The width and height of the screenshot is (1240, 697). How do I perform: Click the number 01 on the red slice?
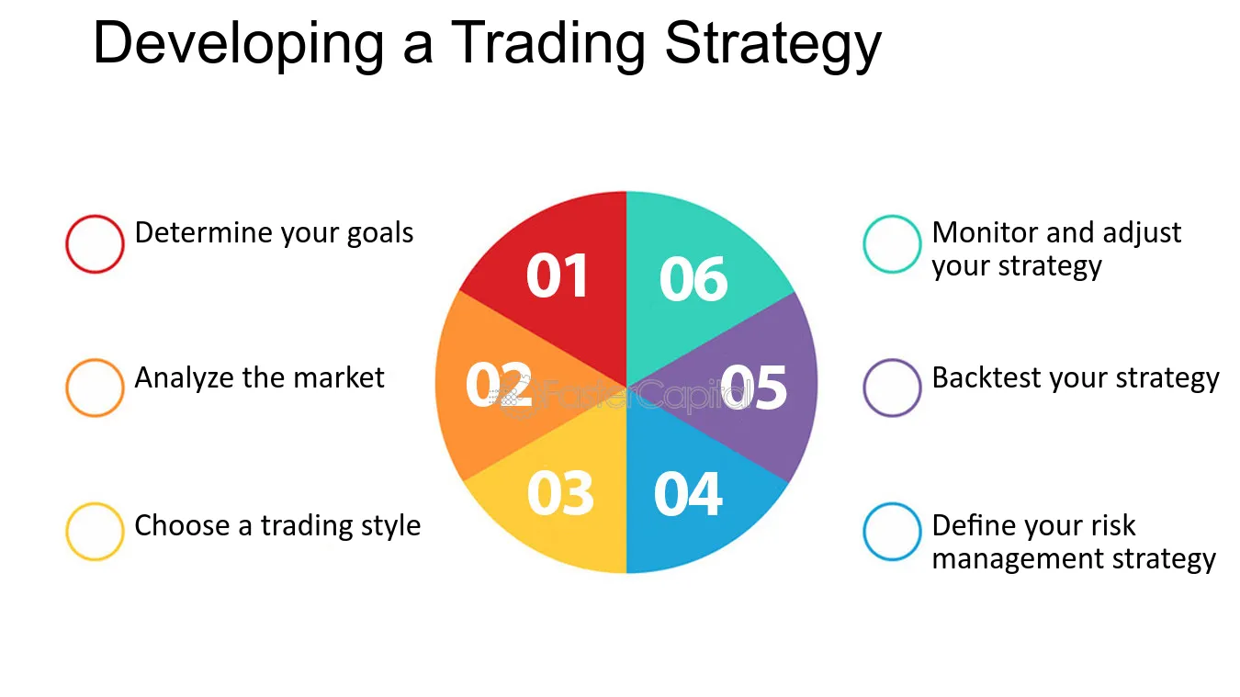557,275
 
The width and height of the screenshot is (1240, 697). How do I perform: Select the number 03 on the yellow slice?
560,493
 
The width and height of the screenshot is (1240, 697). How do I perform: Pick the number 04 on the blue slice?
688,494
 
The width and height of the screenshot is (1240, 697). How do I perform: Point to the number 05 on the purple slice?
753,387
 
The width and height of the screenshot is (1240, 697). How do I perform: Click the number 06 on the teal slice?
693,278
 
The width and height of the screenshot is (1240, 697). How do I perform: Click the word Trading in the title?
547,45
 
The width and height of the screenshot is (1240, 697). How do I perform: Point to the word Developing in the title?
239,45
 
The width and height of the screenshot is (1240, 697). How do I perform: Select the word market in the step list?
338,377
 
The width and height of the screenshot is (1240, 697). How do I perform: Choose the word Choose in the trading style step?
182,525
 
